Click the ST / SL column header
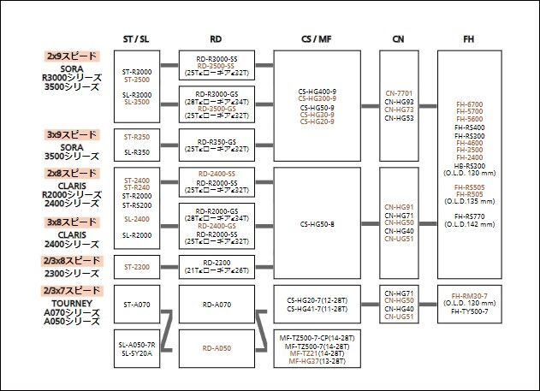(137, 39)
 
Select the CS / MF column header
(317, 39)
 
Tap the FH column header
(468, 39)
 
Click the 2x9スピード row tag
(73, 56)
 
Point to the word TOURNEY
(73, 302)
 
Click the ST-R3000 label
(137, 72)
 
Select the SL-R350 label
(137, 152)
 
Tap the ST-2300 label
(137, 266)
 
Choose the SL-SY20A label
(137, 352)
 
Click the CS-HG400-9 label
(317, 90)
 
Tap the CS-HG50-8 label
(317, 224)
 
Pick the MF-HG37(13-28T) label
(317, 361)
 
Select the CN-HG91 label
(399, 206)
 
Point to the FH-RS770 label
(468, 216)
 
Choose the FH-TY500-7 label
(468, 311)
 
